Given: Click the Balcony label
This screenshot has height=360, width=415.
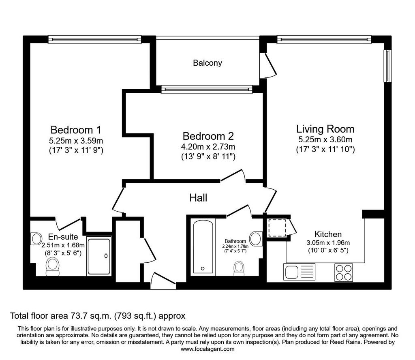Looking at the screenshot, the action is point(207,63).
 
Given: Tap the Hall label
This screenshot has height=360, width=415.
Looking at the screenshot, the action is point(198,198).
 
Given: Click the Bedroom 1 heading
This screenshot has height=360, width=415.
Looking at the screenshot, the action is point(76,130).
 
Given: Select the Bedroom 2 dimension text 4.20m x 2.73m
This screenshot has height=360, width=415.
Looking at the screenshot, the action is point(208,147).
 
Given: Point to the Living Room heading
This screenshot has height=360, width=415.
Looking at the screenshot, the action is point(325,129).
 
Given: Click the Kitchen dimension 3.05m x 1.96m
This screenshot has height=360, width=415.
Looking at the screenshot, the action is point(328,242).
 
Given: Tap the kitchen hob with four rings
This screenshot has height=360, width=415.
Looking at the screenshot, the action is point(344,272).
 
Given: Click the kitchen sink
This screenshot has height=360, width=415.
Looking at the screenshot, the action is point(299,272).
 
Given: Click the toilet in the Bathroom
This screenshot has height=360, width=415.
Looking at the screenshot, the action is point(239,268).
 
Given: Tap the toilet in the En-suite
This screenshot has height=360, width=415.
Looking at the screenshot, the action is point(52,267).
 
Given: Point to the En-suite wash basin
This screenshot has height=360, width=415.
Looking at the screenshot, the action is point(36,239).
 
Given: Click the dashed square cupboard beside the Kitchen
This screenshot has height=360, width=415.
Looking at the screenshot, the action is point(277,228).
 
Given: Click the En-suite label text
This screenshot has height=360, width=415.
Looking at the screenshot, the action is point(63,237).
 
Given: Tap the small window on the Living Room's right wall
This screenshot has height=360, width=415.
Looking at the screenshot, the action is point(388,66).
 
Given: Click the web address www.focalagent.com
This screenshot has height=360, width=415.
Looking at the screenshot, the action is point(207,349).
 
